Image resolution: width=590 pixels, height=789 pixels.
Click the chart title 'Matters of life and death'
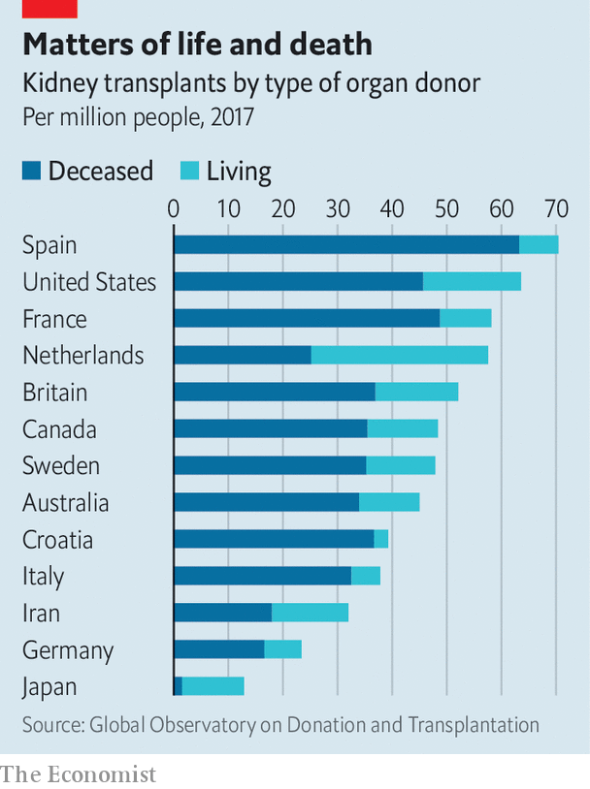[197, 45]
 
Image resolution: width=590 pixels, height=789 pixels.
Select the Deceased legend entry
[88, 172]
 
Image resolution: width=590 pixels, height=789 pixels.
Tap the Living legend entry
[226, 172]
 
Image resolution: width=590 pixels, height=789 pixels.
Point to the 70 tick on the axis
[555, 208]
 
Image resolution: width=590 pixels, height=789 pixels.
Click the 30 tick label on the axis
[337, 208]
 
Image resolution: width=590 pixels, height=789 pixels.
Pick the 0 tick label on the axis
[174, 208]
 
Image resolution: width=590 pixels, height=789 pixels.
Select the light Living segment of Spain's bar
[539, 244]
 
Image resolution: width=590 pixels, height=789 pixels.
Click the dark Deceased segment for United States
[298, 281]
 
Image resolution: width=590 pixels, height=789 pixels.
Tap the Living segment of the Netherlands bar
[399, 355]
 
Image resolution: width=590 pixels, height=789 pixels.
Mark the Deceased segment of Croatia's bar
[274, 539]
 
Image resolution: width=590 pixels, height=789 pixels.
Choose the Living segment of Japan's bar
[213, 686]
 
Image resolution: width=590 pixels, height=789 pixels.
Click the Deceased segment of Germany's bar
[218, 649]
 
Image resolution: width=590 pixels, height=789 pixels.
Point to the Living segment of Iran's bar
[310, 613]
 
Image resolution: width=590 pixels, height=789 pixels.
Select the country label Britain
[55, 393]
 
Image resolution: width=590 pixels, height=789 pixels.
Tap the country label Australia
[66, 503]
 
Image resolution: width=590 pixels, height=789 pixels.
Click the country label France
[54, 319]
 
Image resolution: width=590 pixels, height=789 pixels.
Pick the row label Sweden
[61, 466]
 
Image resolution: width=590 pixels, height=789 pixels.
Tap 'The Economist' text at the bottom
[79, 773]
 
